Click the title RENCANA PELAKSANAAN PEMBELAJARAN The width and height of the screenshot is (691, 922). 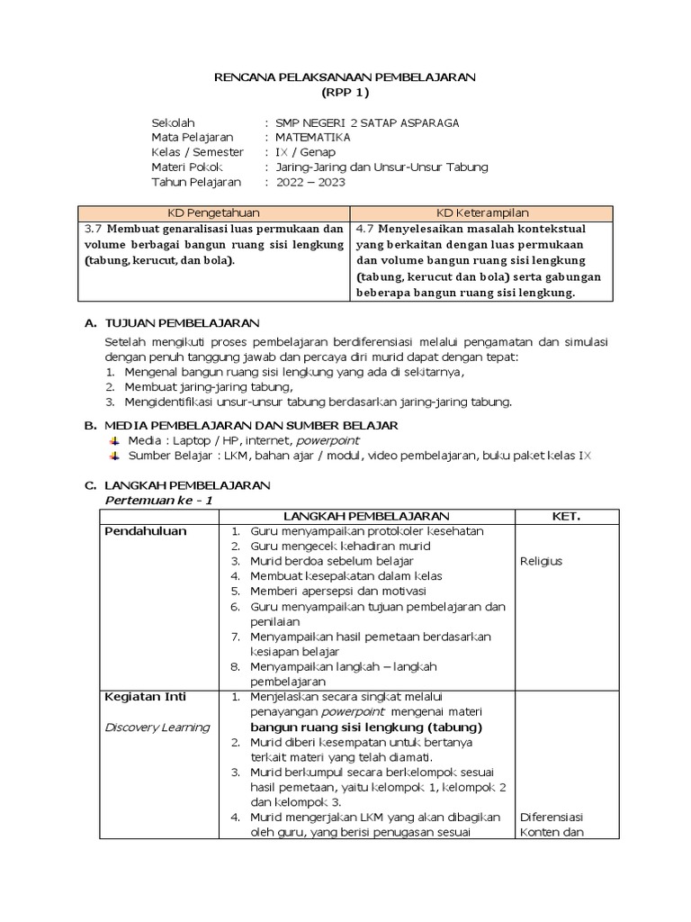pyautogui.click(x=345, y=78)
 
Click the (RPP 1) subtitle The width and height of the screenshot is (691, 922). pyautogui.click(x=345, y=93)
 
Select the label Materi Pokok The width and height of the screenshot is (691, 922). pyautogui.click(x=186, y=167)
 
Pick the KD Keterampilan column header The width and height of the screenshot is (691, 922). pyautogui.click(x=481, y=212)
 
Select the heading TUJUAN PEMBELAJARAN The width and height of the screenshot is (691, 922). pyautogui.click(x=183, y=322)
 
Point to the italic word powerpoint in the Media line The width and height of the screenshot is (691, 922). pyautogui.click(x=328, y=440)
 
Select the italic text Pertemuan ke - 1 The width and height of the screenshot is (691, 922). pyautogui.click(x=159, y=500)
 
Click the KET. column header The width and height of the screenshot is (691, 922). pyautogui.click(x=566, y=517)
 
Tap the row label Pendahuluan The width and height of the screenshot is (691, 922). pyautogui.click(x=146, y=531)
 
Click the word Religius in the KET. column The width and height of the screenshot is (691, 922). pyautogui.click(x=541, y=561)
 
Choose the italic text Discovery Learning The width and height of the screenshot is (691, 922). pyautogui.click(x=157, y=728)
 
